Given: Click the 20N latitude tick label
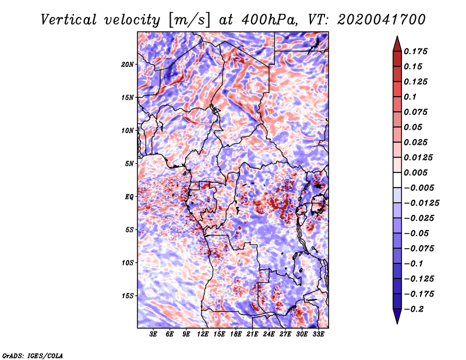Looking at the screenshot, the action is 128,65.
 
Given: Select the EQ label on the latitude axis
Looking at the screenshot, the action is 129,197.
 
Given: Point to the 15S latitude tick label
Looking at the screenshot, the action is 128,296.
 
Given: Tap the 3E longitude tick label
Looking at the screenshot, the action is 153,334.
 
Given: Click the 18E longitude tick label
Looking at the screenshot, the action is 235,334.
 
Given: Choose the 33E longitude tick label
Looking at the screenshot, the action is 318,334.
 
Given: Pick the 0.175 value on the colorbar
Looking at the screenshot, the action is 415,51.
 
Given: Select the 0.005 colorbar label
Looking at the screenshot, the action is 415,172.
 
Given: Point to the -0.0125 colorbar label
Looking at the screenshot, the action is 421,203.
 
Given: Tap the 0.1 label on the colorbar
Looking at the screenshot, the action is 410,97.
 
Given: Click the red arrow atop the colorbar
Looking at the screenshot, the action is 397,44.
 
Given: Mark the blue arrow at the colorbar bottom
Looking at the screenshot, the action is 397,316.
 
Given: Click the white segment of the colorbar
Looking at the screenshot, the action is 397,180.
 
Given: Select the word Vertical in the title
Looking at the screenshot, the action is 68,20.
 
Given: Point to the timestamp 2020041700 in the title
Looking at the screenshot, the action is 381,20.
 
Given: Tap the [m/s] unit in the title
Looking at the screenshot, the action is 189,20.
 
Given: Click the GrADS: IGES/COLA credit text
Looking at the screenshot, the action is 33,355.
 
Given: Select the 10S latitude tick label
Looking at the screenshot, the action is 128,263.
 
